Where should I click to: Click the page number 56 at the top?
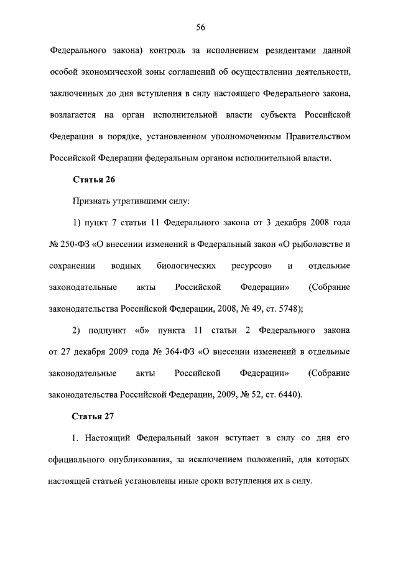pos(201,27)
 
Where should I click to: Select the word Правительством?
pos(318,136)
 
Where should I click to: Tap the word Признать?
pos(91,202)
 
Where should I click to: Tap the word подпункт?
pos(108,330)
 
